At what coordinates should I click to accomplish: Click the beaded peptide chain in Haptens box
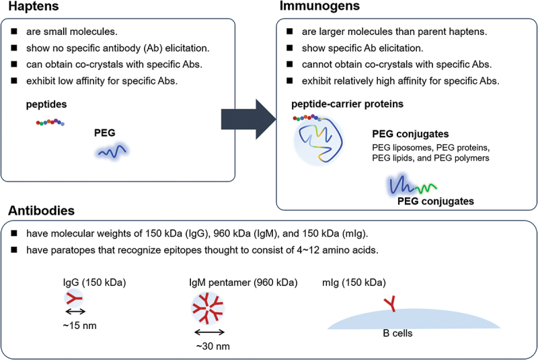51,122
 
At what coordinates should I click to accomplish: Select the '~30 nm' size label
208,345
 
